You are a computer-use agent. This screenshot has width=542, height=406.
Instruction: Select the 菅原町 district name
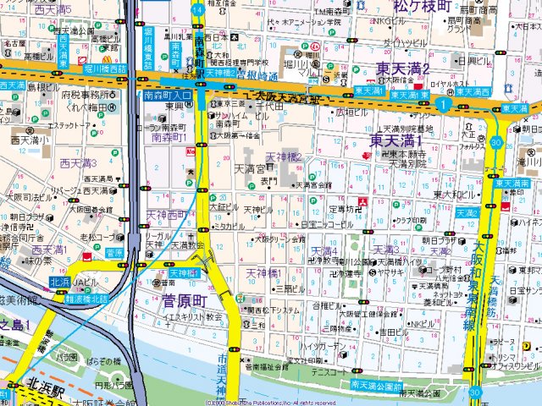point(185,301)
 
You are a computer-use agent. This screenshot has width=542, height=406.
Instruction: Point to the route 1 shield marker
point(442,103)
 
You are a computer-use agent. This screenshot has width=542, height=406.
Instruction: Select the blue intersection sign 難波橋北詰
point(88,299)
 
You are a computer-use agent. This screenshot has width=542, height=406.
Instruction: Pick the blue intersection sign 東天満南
point(512,184)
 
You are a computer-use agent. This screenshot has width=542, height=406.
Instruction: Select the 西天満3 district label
point(78,162)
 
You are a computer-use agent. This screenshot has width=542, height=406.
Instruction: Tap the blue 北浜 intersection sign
point(59,282)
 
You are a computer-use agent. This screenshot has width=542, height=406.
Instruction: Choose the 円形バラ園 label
point(112,385)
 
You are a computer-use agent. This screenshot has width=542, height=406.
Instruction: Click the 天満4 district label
point(324,251)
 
